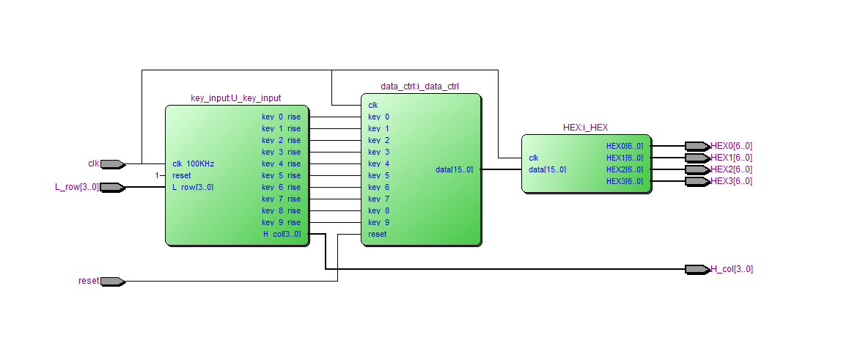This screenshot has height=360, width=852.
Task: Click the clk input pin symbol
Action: click(x=112, y=164)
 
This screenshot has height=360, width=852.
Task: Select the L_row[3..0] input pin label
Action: click(x=77, y=187)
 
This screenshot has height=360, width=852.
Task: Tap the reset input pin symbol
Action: click(x=112, y=281)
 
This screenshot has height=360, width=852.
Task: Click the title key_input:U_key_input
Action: click(x=235, y=98)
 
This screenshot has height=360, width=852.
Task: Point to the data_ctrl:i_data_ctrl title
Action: click(x=419, y=86)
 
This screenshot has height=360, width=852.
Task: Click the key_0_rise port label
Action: click(x=281, y=117)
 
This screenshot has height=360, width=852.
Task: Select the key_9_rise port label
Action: click(x=281, y=222)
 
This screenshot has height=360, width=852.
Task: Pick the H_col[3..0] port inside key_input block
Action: click(x=282, y=234)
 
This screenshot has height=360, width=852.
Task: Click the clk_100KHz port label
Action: click(x=195, y=164)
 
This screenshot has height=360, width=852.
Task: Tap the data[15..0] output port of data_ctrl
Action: click(x=454, y=169)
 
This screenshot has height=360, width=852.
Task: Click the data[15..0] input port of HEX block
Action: click(x=547, y=169)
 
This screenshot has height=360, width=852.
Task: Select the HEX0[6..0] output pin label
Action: click(x=731, y=146)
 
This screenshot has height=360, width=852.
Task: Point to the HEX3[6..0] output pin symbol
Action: click(x=697, y=181)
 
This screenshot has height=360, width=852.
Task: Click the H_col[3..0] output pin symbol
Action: click(x=697, y=269)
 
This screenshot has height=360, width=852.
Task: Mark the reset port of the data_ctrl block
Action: click(x=377, y=234)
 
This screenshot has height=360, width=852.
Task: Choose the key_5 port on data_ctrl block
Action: click(x=378, y=175)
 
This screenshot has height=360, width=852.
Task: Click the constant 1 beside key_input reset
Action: click(x=156, y=175)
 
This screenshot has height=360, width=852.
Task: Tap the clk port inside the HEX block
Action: click(x=534, y=158)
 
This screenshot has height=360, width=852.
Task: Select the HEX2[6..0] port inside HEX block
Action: click(x=624, y=169)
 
